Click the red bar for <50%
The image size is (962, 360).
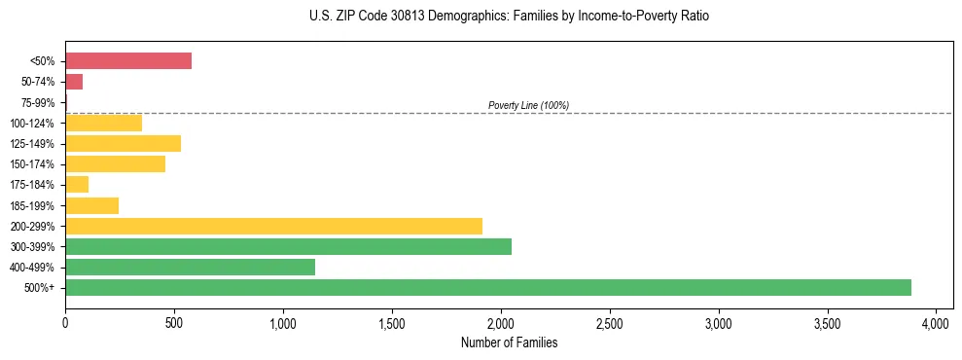[128, 61]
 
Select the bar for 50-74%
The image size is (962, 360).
[74, 82]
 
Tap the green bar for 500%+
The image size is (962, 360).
[487, 287]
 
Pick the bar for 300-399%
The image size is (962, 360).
[288, 246]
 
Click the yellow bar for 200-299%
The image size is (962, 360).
[273, 226]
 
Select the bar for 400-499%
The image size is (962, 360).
[190, 267]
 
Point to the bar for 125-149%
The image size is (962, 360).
[123, 144]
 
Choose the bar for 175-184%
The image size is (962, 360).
[77, 185]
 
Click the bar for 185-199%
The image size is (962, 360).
[91, 205]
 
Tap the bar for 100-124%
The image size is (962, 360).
[103, 123]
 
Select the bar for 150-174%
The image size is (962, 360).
[115, 164]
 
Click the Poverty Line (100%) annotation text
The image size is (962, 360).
[528, 105]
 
